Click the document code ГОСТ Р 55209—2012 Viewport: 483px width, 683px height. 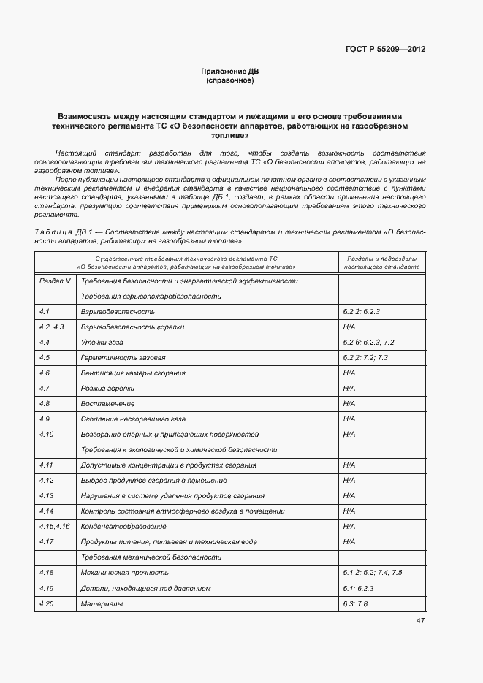[386, 50]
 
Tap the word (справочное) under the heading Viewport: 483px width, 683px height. [230, 80]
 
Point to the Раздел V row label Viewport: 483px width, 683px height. [55, 281]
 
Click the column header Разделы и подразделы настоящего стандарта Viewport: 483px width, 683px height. [381, 263]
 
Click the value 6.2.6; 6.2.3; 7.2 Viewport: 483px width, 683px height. [368, 343]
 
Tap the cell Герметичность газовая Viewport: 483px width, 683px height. [123, 358]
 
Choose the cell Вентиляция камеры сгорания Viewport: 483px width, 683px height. [133, 373]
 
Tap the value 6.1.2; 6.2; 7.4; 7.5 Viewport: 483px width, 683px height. [373, 573]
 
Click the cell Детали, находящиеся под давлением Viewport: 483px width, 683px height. [146, 588]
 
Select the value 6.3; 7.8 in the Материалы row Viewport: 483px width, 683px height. [355, 604]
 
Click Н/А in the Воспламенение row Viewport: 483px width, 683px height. [349, 404]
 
